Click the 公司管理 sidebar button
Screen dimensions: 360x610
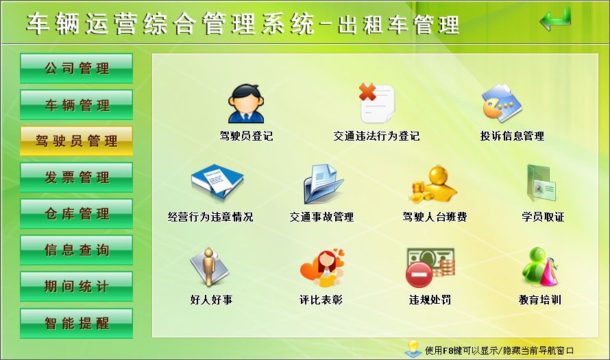click(76, 69)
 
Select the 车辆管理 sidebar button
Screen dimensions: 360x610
click(76, 105)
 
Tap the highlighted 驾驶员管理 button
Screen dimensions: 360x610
click(76, 141)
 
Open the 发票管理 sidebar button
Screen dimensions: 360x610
click(76, 178)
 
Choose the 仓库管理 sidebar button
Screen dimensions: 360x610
click(76, 214)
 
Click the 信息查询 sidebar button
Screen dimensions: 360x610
click(76, 250)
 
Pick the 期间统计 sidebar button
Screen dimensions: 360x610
click(76, 287)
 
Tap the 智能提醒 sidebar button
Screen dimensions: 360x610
click(76, 323)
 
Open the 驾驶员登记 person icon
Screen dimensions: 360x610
click(245, 104)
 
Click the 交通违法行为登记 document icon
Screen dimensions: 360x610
click(376, 103)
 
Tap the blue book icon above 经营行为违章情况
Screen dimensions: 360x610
click(216, 184)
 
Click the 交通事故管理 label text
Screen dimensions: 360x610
click(321, 217)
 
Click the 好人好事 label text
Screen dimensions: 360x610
click(211, 300)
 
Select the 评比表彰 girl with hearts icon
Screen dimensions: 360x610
click(321, 267)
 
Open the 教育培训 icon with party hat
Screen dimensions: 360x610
click(539, 267)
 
